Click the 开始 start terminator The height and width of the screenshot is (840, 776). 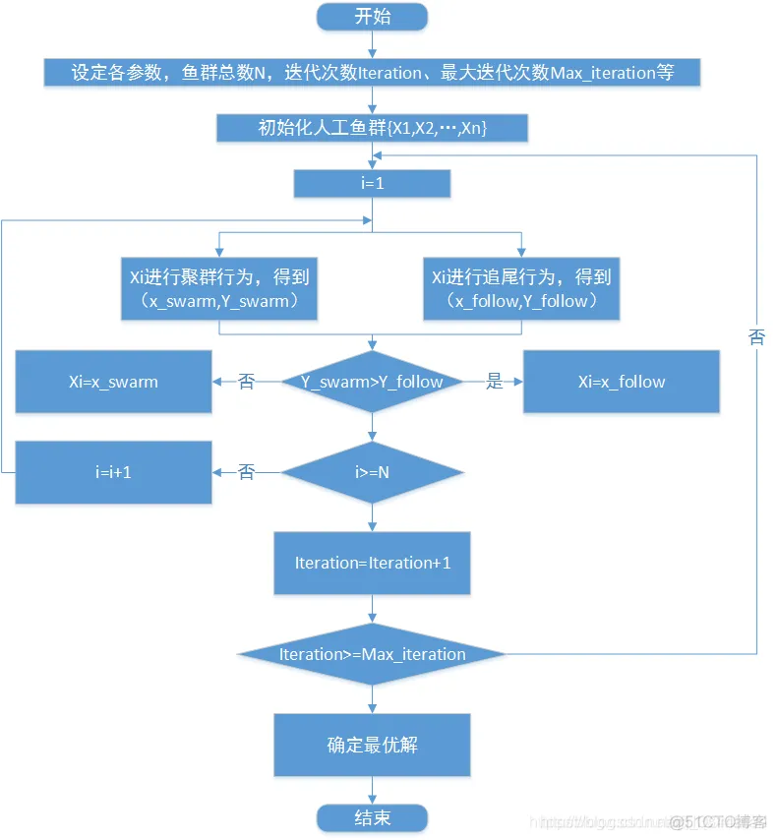[372, 16]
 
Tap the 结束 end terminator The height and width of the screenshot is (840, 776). [372, 818]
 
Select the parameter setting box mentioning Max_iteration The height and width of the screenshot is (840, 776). [372, 72]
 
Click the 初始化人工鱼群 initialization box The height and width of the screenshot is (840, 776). [372, 128]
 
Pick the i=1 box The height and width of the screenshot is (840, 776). [372, 184]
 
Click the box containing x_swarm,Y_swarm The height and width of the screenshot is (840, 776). [218, 288]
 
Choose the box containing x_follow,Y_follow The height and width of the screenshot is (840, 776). [522, 288]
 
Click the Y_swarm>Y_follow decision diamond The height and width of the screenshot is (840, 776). [372, 382]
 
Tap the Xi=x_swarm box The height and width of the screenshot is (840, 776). [113, 382]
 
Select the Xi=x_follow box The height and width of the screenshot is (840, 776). [621, 382]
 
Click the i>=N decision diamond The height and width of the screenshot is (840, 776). [372, 472]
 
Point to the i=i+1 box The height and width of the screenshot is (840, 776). [113, 472]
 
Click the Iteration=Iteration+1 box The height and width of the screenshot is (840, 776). [372, 563]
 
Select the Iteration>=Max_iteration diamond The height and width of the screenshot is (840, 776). [372, 654]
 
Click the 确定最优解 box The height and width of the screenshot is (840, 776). [372, 745]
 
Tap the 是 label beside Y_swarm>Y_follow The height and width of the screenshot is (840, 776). [495, 382]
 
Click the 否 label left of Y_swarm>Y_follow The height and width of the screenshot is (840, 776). [247, 382]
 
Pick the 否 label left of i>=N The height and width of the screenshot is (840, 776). [247, 472]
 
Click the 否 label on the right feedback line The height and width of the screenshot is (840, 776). [756, 337]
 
